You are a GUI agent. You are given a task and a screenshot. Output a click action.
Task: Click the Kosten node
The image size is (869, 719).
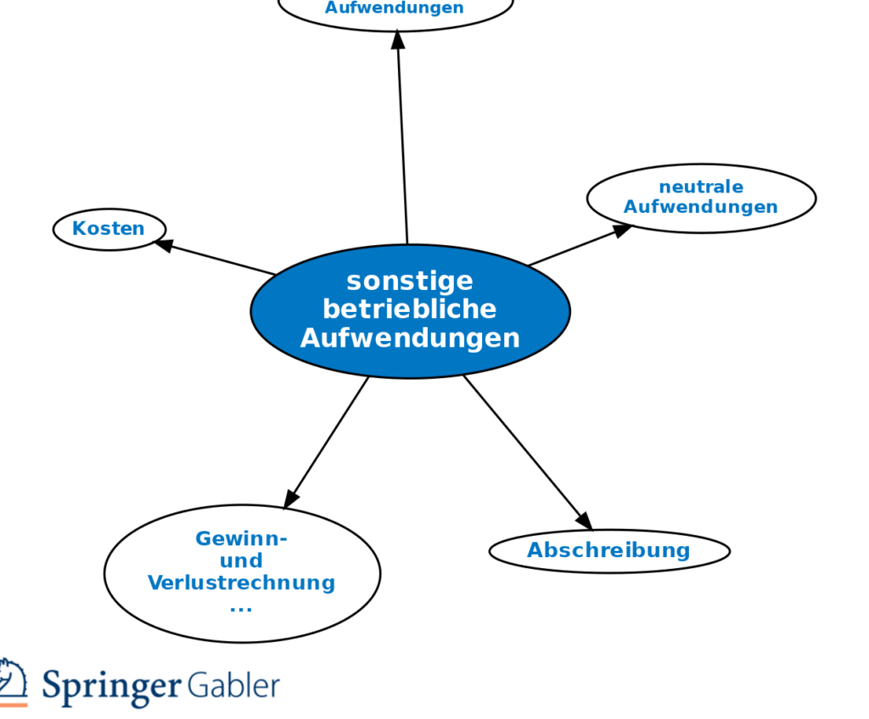tap(109, 229)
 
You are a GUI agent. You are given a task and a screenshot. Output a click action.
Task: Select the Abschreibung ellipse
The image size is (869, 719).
tap(608, 550)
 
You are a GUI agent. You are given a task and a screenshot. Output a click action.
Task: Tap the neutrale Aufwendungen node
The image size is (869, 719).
tap(701, 198)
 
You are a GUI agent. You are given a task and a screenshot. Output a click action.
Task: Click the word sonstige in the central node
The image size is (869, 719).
tap(410, 281)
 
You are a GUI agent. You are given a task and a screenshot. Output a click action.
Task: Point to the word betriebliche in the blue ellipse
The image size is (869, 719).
tap(410, 309)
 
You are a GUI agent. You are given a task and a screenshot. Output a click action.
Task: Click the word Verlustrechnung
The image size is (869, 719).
tap(242, 583)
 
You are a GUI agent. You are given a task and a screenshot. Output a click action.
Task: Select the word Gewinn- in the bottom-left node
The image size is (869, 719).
tap(242, 538)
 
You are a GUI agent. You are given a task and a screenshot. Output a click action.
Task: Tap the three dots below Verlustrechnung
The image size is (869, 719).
tap(241, 608)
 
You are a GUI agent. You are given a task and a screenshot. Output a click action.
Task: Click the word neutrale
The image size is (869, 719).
tap(701, 187)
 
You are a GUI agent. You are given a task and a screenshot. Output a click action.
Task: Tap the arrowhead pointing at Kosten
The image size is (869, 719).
tap(163, 245)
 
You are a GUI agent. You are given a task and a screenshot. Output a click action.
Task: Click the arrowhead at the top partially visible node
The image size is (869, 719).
tap(398, 39)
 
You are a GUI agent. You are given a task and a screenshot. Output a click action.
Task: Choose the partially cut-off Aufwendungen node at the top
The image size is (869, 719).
tap(395, 11)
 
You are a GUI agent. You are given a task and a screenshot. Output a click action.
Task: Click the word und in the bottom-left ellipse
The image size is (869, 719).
tap(242, 561)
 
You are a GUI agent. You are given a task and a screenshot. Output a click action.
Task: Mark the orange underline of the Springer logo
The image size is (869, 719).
tap(13, 704)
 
